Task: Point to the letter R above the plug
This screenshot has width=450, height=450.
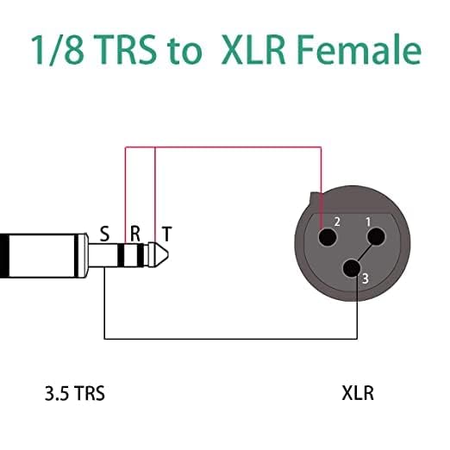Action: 134,233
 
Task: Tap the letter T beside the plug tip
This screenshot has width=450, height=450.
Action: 166,233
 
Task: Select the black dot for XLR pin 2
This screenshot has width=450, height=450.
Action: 325,234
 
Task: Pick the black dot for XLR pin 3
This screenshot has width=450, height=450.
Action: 351,268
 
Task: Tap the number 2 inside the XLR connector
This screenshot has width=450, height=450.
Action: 337,222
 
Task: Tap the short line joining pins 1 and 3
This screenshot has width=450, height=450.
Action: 364,251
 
